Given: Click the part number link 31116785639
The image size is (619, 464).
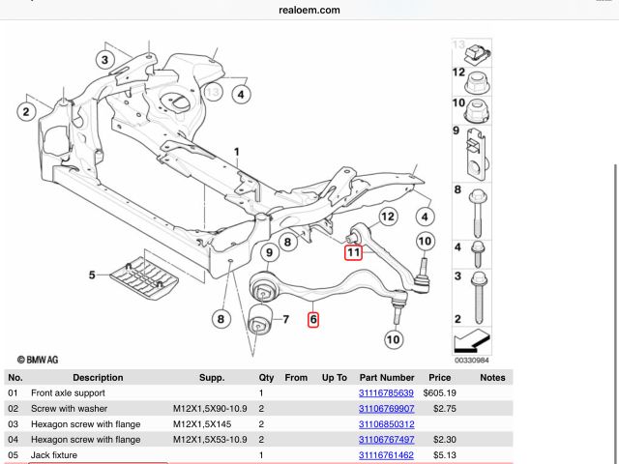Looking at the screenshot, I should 386,393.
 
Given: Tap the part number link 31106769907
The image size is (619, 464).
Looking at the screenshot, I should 386,409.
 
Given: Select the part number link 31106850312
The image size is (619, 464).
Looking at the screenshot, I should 386,424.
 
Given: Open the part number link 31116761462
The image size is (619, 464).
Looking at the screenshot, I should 386,455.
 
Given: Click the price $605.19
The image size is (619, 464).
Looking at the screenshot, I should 439,393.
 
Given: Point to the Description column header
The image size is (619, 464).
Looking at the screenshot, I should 98,378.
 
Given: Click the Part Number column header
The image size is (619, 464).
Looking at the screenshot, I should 386,378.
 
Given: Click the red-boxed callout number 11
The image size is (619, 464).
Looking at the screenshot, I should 354,252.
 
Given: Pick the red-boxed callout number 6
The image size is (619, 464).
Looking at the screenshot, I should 313,319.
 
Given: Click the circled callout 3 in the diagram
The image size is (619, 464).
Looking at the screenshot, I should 104,60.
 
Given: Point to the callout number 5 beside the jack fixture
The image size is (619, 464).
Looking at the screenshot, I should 93,275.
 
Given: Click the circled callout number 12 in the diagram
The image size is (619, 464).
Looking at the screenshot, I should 387,217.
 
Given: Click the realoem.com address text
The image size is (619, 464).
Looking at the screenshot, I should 309,10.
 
